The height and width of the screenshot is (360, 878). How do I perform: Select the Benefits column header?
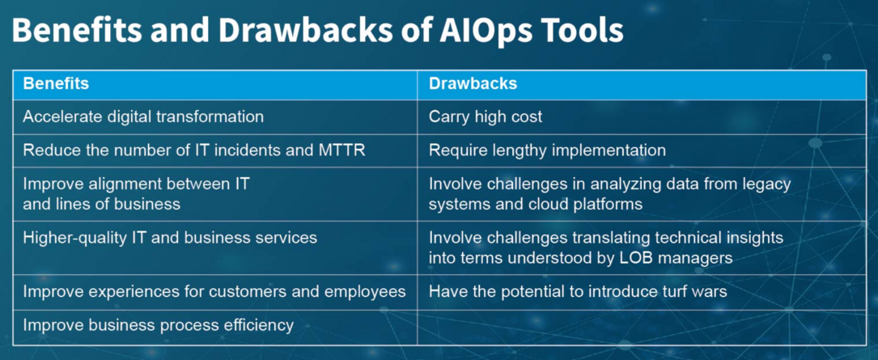[56, 83]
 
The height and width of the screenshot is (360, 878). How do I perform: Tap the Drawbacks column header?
[473, 83]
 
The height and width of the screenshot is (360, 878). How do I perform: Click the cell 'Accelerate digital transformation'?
[143, 116]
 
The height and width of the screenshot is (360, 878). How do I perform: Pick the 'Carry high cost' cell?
[486, 116]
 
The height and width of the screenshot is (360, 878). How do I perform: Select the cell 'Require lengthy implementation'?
[547, 150]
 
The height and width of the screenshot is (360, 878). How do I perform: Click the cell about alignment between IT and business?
[136, 193]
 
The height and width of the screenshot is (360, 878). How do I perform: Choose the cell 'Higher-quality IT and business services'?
[170, 237]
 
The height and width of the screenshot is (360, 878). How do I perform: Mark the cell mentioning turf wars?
[578, 291]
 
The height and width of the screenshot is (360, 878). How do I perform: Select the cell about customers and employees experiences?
[214, 291]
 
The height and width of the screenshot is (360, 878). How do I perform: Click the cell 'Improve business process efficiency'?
[158, 325]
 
